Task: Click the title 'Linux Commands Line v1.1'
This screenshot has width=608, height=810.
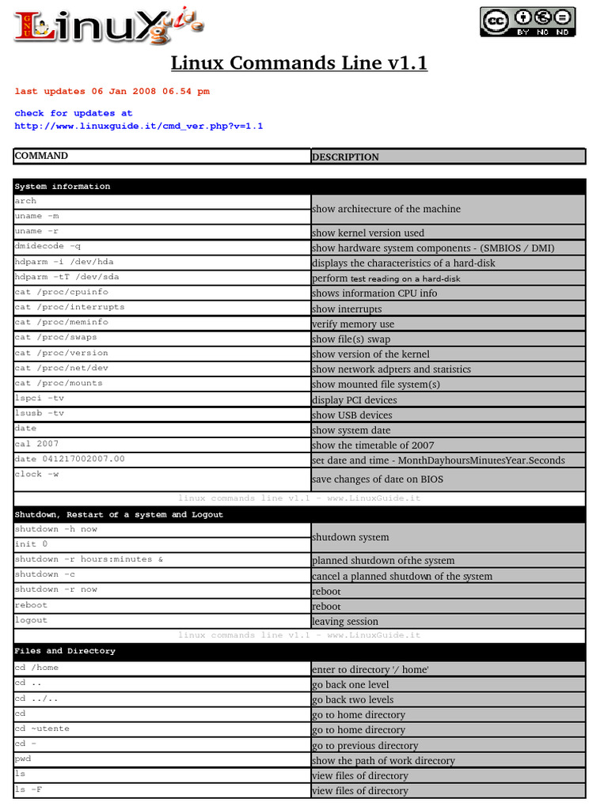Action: [x=299, y=62]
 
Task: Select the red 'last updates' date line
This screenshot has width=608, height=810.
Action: [x=112, y=92]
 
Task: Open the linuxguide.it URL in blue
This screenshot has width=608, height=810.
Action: [x=139, y=127]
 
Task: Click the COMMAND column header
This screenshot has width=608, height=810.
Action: [x=41, y=156]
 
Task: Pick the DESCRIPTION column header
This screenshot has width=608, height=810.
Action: [x=345, y=157]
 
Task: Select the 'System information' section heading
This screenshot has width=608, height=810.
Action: [x=63, y=187]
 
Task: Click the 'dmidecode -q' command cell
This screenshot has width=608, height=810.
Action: [x=47, y=247]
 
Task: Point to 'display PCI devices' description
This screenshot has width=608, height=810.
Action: [x=354, y=399]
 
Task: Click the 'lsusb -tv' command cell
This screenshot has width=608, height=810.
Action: [x=40, y=413]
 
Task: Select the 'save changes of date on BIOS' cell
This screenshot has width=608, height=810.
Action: [x=377, y=479]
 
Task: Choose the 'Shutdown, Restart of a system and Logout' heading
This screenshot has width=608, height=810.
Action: [x=119, y=515]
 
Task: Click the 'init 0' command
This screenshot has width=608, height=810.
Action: [x=31, y=544]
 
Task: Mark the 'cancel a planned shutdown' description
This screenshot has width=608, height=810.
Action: [x=401, y=576]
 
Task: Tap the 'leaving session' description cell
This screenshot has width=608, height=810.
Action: [x=344, y=621]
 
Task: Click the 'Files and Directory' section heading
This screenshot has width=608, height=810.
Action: [x=65, y=651]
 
